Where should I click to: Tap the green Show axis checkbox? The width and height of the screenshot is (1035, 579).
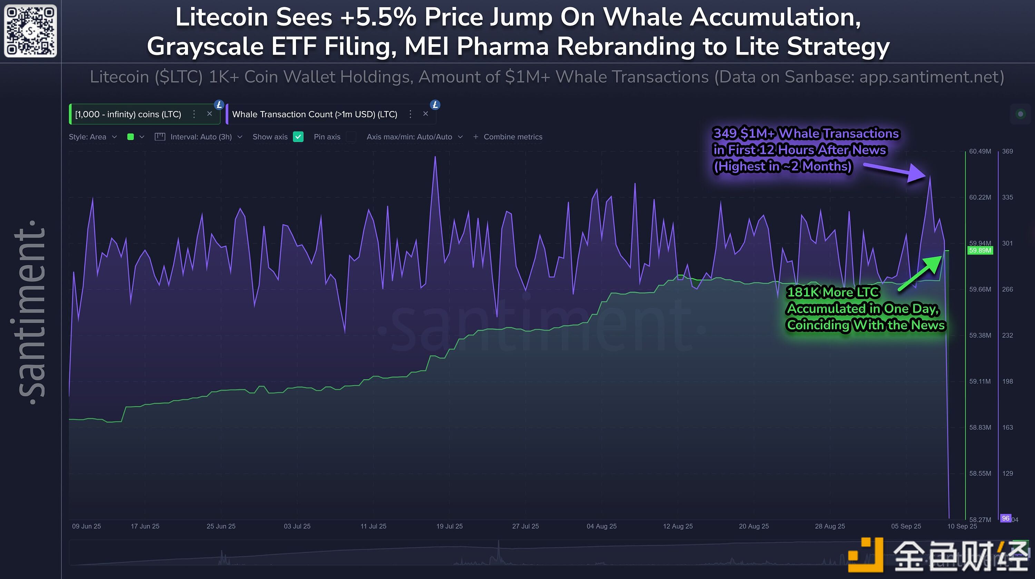[298, 137]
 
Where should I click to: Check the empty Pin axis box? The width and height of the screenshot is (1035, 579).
[351, 137]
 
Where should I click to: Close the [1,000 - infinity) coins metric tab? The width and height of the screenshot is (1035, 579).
[209, 114]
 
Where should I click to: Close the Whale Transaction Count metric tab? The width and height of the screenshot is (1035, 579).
[425, 114]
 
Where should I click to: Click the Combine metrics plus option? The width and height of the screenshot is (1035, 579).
[508, 137]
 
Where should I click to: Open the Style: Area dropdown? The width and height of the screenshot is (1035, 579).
[92, 137]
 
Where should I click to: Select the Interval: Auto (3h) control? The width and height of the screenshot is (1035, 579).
[198, 137]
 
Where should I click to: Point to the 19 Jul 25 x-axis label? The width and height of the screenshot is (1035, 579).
[449, 526]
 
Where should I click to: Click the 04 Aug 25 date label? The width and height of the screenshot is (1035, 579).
[601, 526]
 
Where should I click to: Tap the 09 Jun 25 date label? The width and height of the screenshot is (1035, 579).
[86, 526]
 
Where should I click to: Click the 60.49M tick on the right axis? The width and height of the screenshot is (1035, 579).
[979, 151]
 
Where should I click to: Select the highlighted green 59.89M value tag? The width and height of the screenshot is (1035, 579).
[979, 251]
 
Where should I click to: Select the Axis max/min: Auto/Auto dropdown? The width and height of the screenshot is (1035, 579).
[414, 137]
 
